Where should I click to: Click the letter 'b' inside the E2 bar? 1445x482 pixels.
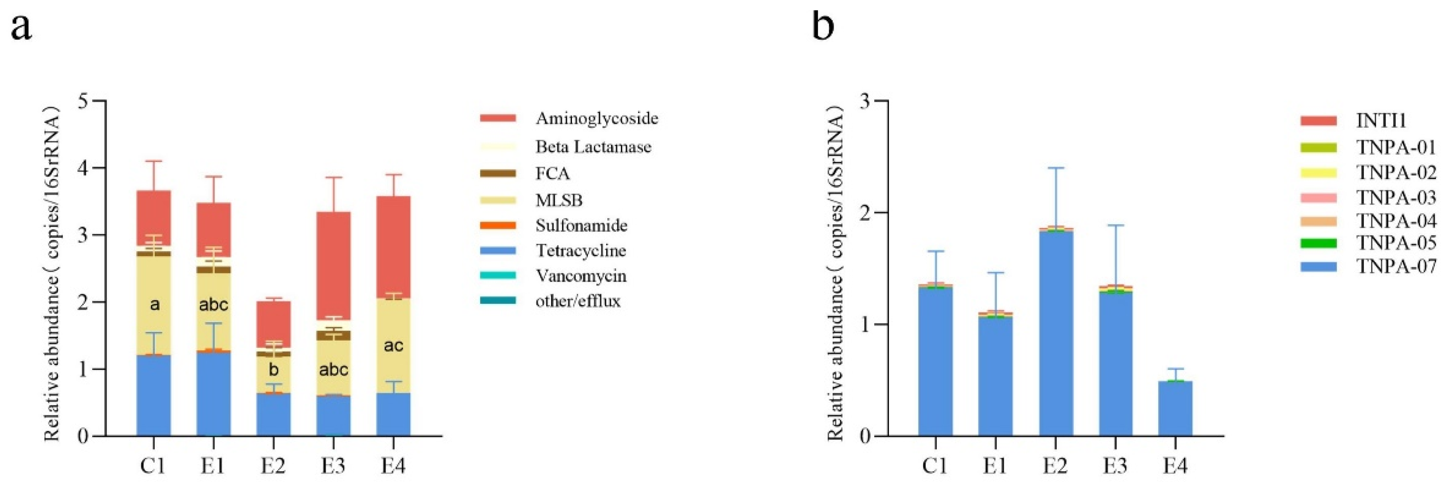(274, 370)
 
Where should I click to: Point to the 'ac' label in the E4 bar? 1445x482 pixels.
(393, 345)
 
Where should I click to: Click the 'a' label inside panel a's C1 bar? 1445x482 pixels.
(154, 304)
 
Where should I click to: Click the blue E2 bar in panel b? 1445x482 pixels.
(1056, 336)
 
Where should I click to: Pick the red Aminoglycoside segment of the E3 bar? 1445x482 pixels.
(334, 263)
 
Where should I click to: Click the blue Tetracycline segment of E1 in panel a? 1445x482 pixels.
(214, 392)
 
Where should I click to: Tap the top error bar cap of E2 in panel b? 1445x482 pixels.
(1056, 168)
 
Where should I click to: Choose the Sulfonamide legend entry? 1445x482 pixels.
(581, 225)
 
